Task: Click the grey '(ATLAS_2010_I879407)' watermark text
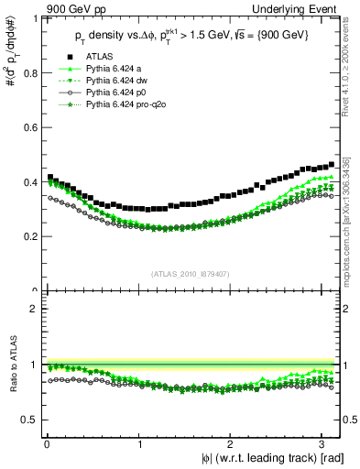191,274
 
